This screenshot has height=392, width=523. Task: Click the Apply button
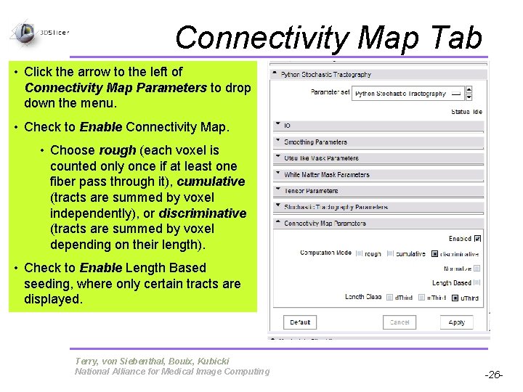[x=456, y=322]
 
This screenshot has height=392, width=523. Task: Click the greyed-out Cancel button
[x=400, y=322]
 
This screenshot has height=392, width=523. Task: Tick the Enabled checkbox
[x=477, y=238]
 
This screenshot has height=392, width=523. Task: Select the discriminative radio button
[x=435, y=254]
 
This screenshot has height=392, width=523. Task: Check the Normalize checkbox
[x=477, y=269]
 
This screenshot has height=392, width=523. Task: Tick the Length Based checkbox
[x=477, y=283]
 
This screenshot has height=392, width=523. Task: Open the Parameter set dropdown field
[x=408, y=94]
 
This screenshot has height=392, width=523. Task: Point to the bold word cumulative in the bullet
[x=211, y=181]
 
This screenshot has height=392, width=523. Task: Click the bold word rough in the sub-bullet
[x=117, y=150]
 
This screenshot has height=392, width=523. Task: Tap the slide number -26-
[x=494, y=375]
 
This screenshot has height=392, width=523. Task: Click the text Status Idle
[x=466, y=112]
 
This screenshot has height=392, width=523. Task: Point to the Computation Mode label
[x=325, y=253]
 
